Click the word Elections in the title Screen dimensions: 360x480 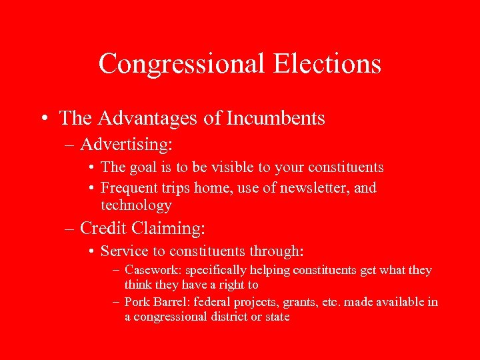click(327, 64)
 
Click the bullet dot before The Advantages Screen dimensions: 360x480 click(43, 119)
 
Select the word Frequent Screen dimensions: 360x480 click(128, 188)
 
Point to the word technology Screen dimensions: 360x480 click(136, 205)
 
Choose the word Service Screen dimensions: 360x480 click(122, 251)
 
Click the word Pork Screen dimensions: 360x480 click(137, 302)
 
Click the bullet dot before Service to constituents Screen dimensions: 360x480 click(90, 252)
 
